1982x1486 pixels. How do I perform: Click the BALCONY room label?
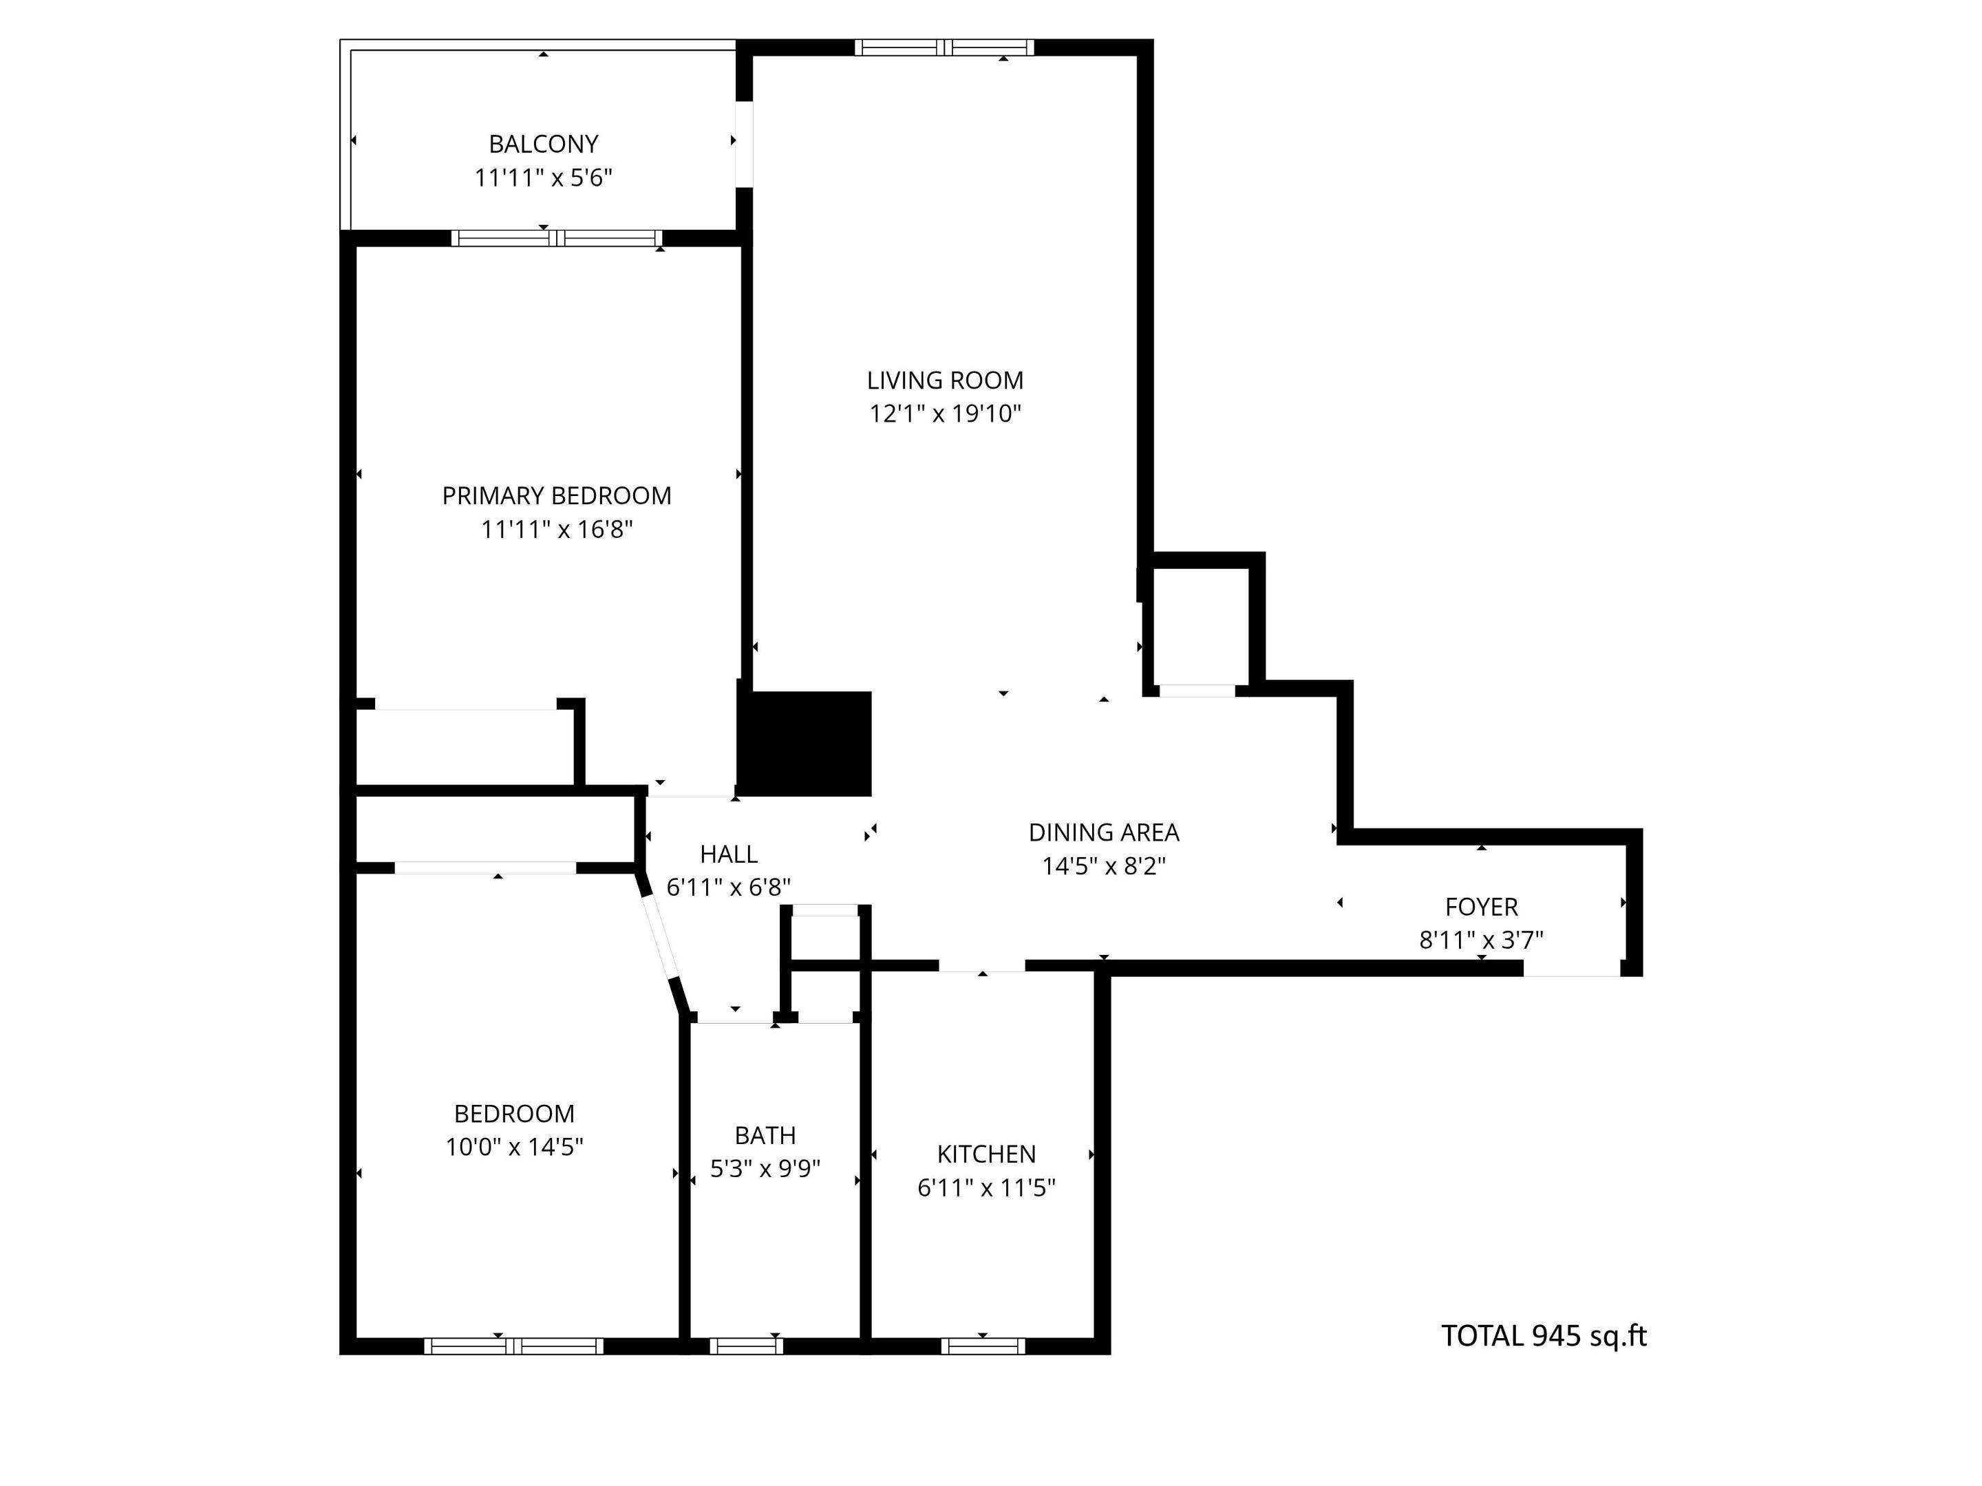543,143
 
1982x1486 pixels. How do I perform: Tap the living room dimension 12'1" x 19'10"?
946,414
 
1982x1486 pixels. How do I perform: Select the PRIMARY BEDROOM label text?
557,495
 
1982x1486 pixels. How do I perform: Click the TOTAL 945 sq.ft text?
1543,1335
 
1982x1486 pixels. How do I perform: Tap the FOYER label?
1481,907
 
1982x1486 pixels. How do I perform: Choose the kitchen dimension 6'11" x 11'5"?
986,1187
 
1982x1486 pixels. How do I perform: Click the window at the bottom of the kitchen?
983,1346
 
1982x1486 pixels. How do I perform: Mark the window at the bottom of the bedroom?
513,1346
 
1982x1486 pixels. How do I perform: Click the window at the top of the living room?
944,47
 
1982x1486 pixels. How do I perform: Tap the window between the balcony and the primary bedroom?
557,238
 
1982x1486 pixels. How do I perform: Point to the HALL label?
729,854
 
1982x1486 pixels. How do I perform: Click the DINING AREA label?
1103,832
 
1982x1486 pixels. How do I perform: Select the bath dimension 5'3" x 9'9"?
765,1169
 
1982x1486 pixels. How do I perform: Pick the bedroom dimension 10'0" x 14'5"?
514,1147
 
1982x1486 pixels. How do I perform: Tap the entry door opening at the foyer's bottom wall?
1572,967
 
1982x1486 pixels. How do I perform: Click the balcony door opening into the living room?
744,143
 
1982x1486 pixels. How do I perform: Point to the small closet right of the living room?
1201,627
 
